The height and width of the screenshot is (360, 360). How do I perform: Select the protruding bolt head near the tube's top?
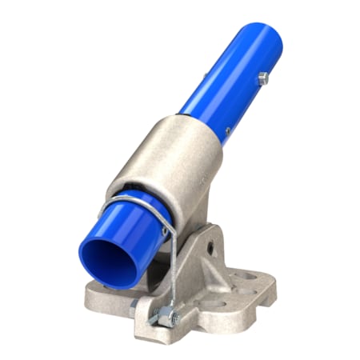[262, 78]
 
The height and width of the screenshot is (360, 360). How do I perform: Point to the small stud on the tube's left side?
[204, 76]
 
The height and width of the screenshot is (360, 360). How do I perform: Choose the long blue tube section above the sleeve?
[224, 80]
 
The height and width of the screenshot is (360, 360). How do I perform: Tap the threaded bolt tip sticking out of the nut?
[174, 322]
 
